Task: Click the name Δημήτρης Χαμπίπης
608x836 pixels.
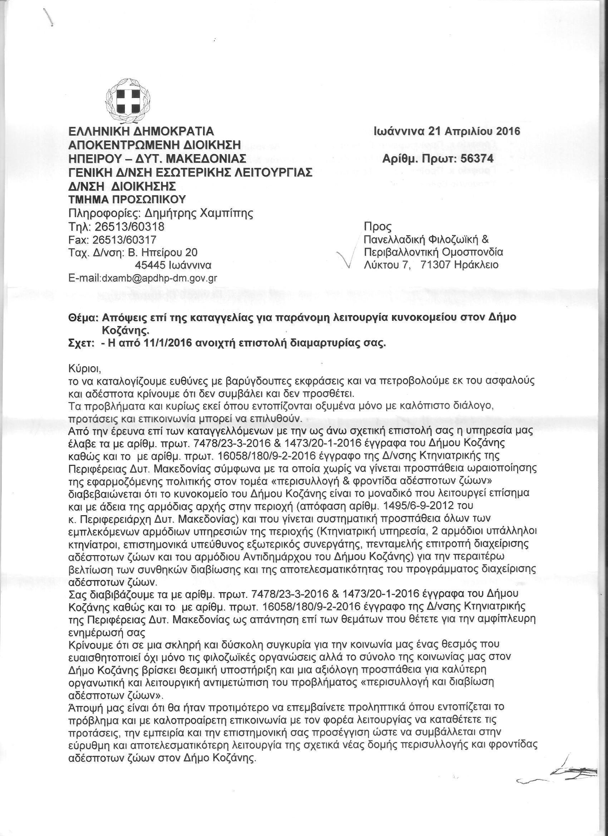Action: pos(199,213)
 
